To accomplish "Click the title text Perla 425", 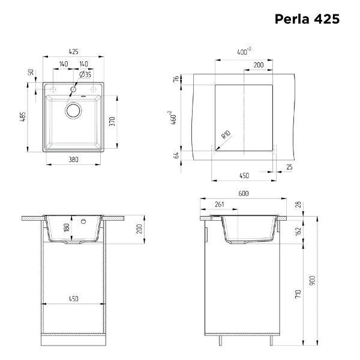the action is click(307, 19).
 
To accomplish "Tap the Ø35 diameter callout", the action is click(85, 74).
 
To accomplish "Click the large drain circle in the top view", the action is click(73, 110).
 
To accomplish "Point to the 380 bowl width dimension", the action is click(73, 160).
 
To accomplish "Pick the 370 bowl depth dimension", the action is click(112, 121).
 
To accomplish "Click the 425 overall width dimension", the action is click(73, 52).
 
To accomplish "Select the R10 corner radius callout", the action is click(226, 134).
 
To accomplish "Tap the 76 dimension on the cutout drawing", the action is click(176, 79).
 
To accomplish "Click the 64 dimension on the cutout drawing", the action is click(176, 155).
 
